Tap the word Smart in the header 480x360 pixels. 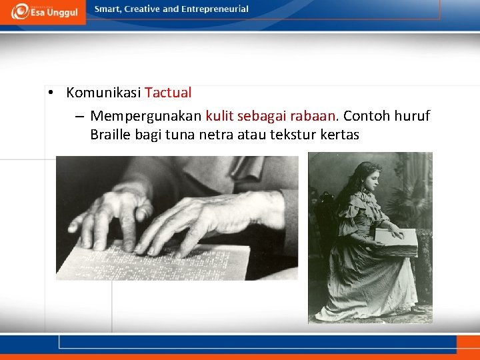pyautogui.click(x=109, y=9)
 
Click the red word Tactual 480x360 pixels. pyautogui.click(x=168, y=93)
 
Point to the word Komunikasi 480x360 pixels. pyautogui.click(x=104, y=93)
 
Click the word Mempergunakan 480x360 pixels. pyautogui.click(x=146, y=116)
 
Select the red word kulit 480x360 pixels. pyautogui.click(x=219, y=116)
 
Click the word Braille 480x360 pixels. pyautogui.click(x=111, y=135)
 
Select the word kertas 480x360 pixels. pyautogui.click(x=339, y=135)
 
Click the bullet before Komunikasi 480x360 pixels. pyautogui.click(x=51, y=93)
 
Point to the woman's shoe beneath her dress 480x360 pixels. pyautogui.click(x=418, y=309)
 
